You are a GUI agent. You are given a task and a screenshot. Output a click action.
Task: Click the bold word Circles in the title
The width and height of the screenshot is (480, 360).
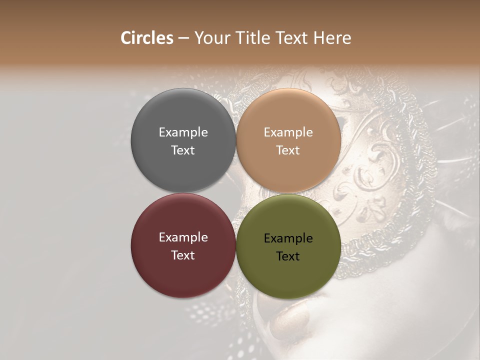click(x=147, y=38)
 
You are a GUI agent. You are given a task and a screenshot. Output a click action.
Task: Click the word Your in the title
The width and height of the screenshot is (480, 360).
click(x=211, y=38)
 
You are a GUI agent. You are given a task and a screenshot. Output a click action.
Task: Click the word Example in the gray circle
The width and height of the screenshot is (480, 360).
click(x=183, y=132)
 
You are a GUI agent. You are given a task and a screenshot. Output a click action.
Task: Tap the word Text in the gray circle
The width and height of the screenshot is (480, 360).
click(x=183, y=150)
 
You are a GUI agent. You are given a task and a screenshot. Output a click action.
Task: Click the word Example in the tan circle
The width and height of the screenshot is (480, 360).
click(x=288, y=132)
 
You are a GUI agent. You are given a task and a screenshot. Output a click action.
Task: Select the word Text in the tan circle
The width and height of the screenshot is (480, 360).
click(x=288, y=150)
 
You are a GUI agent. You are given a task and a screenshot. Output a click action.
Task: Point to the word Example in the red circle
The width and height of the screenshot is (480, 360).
click(x=183, y=237)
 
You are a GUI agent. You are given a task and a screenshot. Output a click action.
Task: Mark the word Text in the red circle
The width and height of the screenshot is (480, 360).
click(x=183, y=255)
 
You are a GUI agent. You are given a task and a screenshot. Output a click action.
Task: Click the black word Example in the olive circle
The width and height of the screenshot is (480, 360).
click(x=288, y=238)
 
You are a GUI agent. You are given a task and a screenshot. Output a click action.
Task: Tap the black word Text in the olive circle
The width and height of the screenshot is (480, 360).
click(x=288, y=256)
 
